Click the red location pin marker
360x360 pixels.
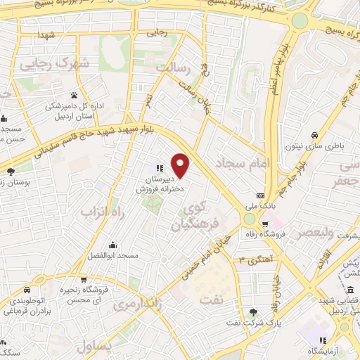181,165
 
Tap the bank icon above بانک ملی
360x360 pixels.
260,195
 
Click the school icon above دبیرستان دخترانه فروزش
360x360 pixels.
160,169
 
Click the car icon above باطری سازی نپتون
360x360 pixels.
317,134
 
